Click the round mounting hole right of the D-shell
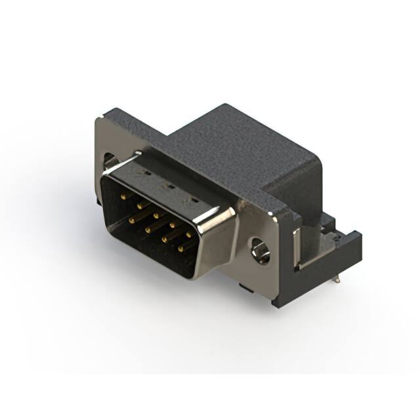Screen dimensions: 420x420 pos(261,250)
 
